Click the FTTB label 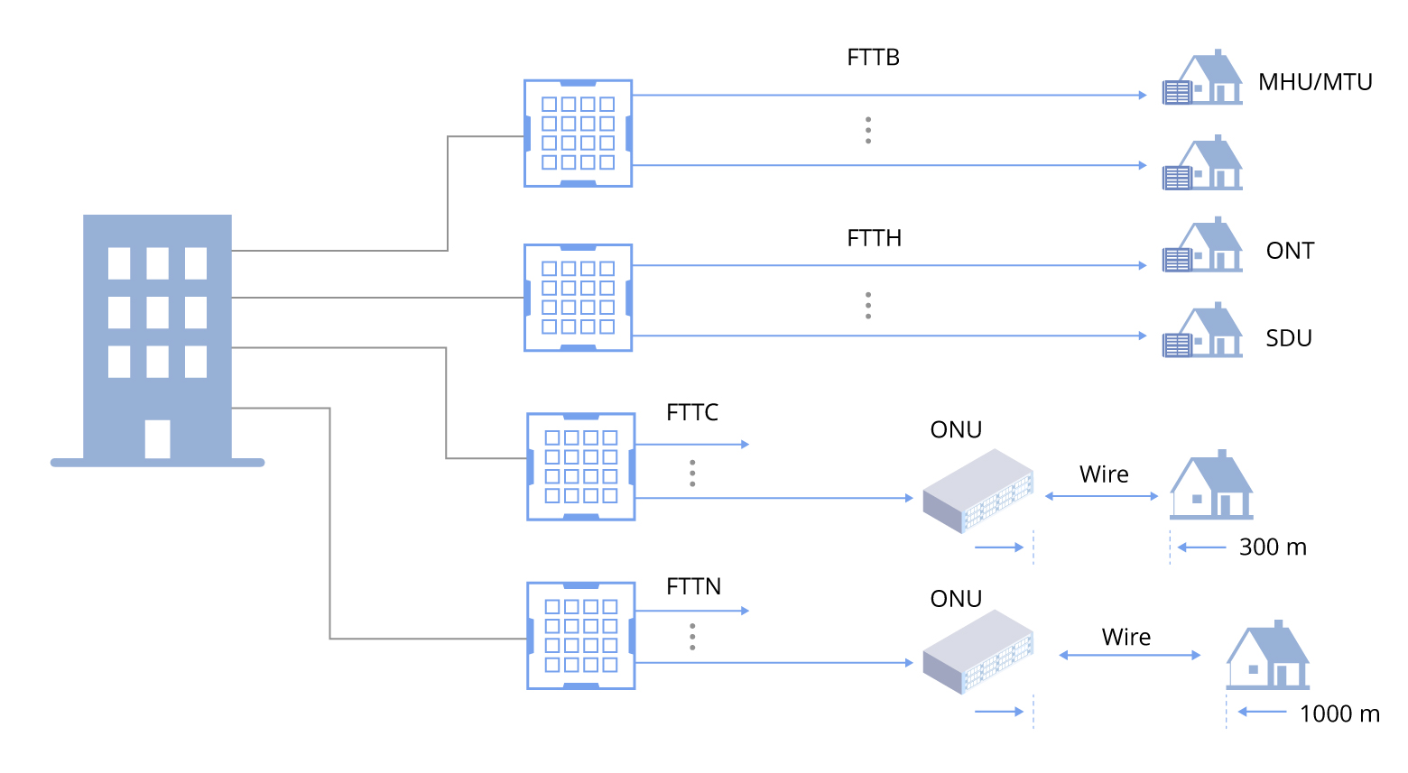(x=873, y=58)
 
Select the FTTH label (x=874, y=238)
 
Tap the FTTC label (x=692, y=413)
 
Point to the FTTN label (x=693, y=587)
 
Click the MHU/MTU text (x=1315, y=82)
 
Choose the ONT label (x=1290, y=251)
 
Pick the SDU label (x=1288, y=338)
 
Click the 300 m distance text (x=1273, y=548)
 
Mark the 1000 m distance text (x=1339, y=714)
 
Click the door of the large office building (x=157, y=439)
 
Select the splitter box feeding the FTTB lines (x=578, y=133)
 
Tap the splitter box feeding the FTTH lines (x=578, y=298)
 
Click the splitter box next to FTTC (x=581, y=467)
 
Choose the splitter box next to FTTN (x=581, y=636)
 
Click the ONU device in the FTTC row (x=978, y=492)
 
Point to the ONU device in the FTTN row (x=978, y=653)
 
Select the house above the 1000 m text (x=1267, y=657)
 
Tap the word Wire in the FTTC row (x=1104, y=474)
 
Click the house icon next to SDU (x=1204, y=332)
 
